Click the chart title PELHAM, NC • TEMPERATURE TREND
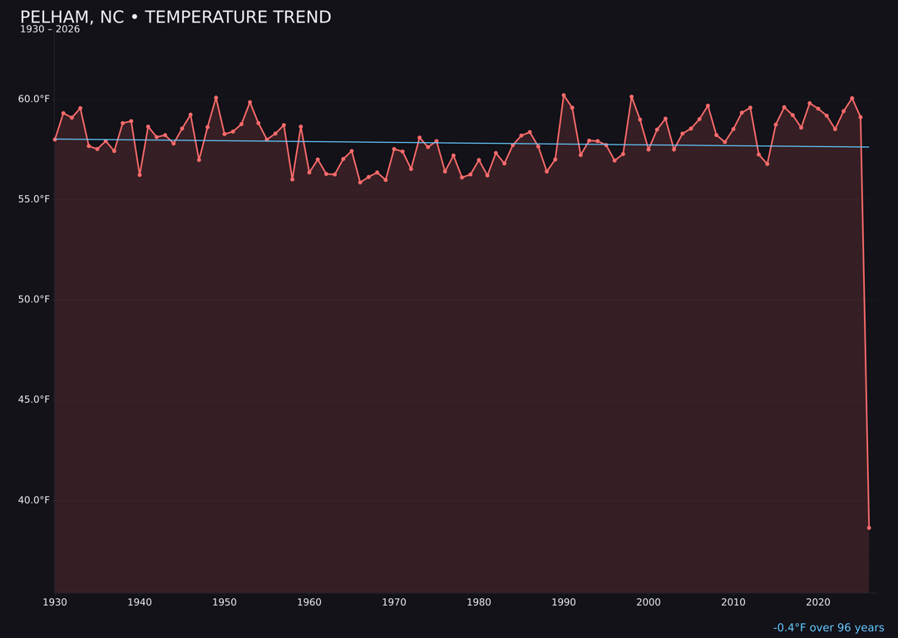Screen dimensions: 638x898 click(x=175, y=17)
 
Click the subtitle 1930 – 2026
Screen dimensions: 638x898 click(x=50, y=30)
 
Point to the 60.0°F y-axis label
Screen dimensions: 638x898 click(x=34, y=99)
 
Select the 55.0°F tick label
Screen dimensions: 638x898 click(x=34, y=199)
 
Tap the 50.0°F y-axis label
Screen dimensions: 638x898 click(x=34, y=299)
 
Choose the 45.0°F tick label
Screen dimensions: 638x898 click(x=34, y=400)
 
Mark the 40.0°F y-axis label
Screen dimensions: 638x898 click(x=34, y=500)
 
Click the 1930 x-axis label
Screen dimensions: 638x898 click(x=55, y=602)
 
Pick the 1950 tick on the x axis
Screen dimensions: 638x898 click(x=224, y=602)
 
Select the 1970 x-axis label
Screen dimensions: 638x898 click(x=394, y=602)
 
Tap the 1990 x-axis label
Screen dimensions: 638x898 click(x=564, y=602)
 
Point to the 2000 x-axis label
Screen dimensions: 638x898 click(x=649, y=602)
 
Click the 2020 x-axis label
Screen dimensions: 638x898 click(x=818, y=602)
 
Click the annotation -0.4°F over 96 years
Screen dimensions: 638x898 click(x=828, y=628)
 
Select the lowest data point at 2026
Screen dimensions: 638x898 click(x=869, y=528)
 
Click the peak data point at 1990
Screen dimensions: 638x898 click(x=564, y=96)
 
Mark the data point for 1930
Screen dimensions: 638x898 click(x=55, y=140)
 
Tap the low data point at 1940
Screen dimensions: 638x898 click(x=140, y=174)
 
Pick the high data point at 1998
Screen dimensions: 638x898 click(x=631, y=97)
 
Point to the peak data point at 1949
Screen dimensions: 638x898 click(x=216, y=98)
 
